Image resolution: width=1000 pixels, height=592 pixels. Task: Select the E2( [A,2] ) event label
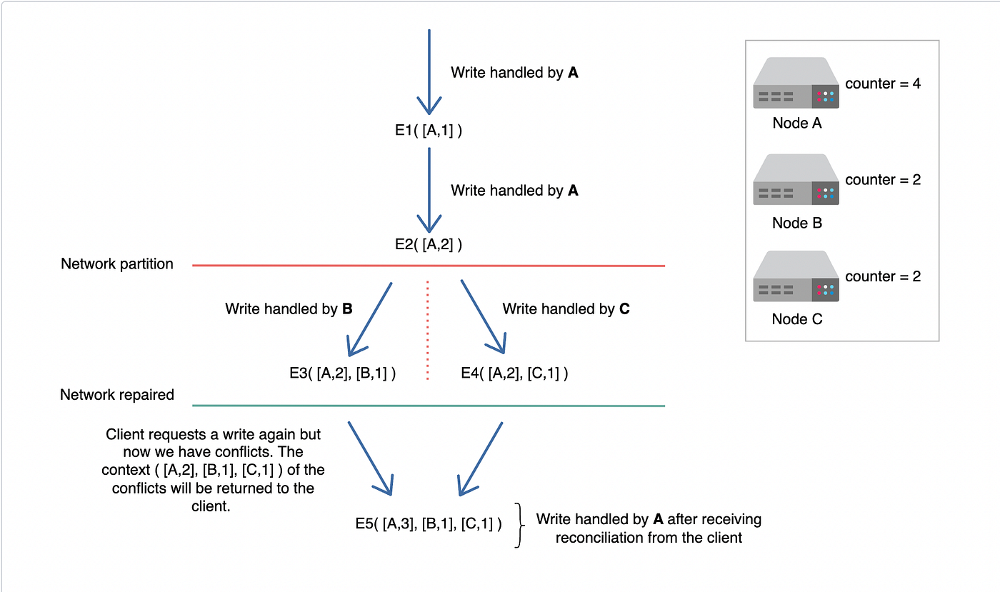click(429, 244)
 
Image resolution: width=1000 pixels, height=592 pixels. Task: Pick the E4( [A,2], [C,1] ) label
click(515, 373)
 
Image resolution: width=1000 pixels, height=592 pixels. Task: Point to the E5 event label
click(429, 523)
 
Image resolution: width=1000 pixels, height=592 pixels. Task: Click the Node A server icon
click(796, 84)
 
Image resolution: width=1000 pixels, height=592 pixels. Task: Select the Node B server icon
click(796, 180)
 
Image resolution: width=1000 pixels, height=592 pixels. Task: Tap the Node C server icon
click(796, 276)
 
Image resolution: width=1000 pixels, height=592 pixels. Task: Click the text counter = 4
click(883, 84)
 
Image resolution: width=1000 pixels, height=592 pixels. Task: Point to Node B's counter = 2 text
click(883, 180)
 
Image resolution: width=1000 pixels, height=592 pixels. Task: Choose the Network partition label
click(117, 264)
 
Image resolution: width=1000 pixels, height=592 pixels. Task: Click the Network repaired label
click(117, 395)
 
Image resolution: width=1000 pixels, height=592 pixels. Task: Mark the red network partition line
click(429, 266)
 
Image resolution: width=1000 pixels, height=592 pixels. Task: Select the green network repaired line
click(429, 406)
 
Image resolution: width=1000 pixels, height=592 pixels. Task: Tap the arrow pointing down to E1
click(429, 71)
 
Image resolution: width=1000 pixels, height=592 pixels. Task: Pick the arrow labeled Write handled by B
click(370, 318)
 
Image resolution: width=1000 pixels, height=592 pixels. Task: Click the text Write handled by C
click(566, 309)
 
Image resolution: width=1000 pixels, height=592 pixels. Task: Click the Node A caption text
click(796, 123)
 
